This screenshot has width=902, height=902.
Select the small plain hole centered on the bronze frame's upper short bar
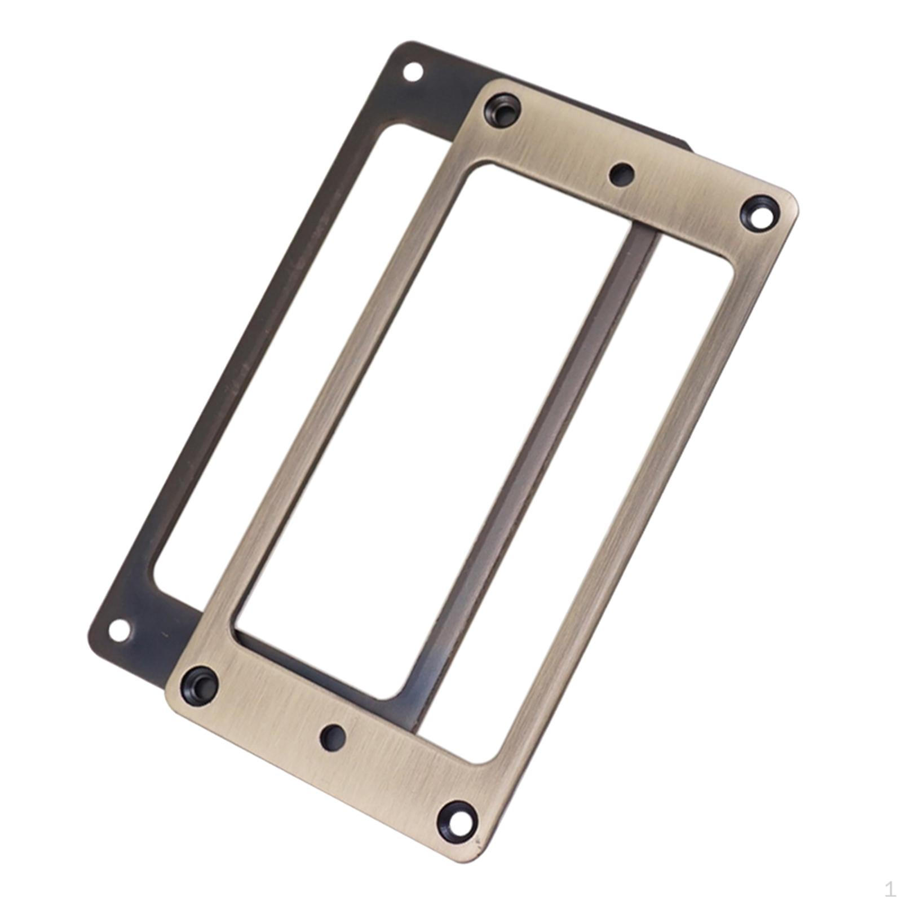622,174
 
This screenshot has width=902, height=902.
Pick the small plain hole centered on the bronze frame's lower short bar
333,737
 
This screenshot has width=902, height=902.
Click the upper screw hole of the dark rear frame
413,72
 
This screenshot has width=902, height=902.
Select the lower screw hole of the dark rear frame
118,630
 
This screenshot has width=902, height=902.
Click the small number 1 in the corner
890,889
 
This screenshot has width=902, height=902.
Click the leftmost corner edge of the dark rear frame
91,637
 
